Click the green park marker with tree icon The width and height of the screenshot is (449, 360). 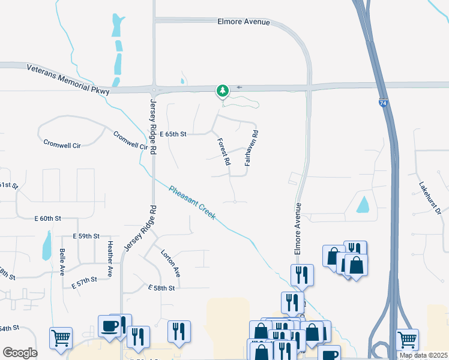pyautogui.click(x=223, y=91)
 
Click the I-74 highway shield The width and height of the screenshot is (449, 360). pyautogui.click(x=383, y=103)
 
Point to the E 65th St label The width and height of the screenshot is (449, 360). pyautogui.click(x=173, y=134)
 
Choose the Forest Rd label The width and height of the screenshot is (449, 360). pyautogui.click(x=223, y=152)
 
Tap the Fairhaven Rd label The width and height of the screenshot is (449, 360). pyautogui.click(x=252, y=148)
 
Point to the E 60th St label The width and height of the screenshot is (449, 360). pyautogui.click(x=48, y=219)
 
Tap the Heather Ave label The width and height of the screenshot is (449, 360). pyautogui.click(x=110, y=259)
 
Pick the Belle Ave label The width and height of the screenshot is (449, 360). pyautogui.click(x=61, y=262)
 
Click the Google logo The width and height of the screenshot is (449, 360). pyautogui.click(x=20, y=353)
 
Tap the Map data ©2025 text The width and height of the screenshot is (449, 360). pyautogui.click(x=423, y=355)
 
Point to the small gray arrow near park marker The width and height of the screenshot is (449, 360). pyautogui.click(x=240, y=88)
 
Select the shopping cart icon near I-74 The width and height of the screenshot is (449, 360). pyautogui.click(x=408, y=340)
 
